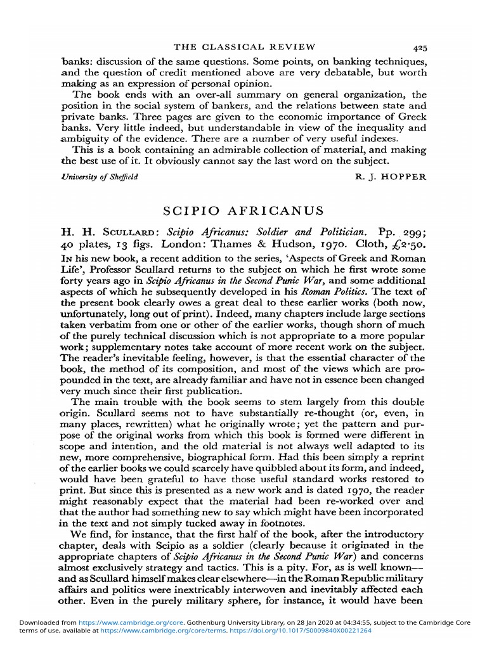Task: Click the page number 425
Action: tap(419, 47)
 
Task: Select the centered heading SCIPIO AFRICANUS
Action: tap(243, 210)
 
